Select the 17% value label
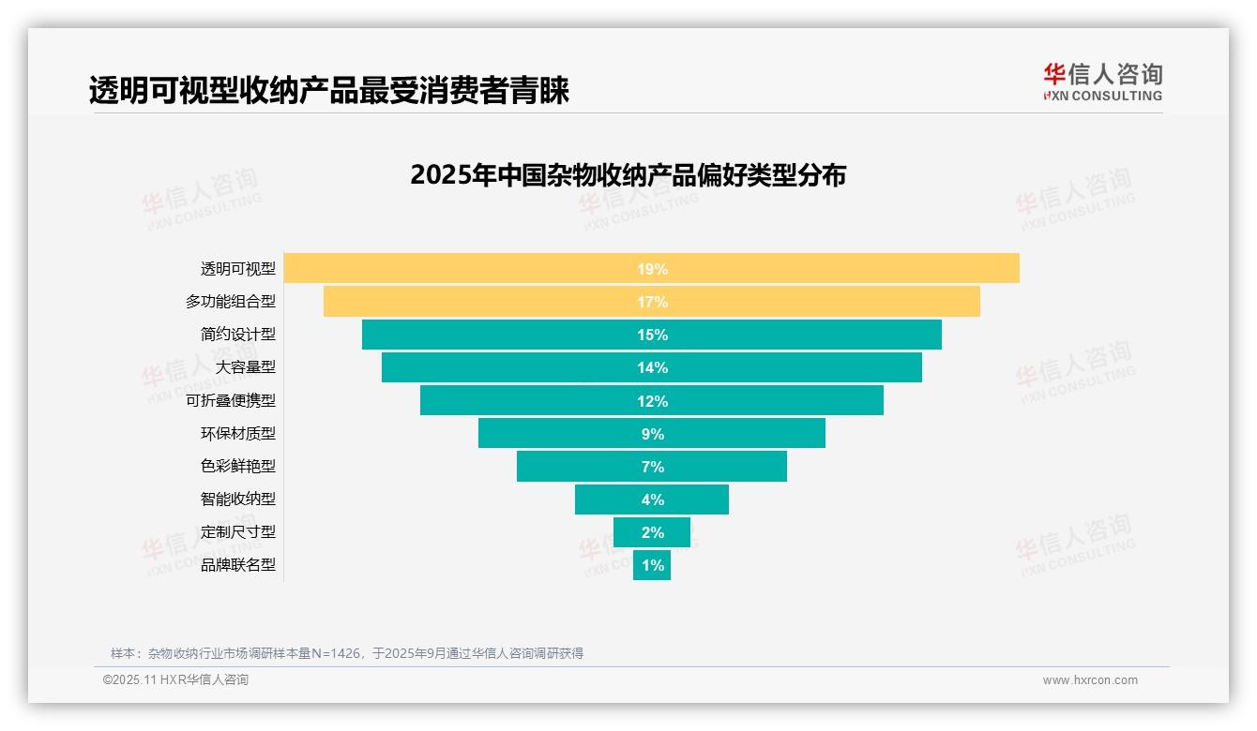point(652,302)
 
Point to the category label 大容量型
point(245,367)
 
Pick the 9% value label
point(652,434)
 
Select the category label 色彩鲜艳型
point(238,466)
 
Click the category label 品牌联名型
point(238,565)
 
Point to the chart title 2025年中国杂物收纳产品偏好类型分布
point(628,175)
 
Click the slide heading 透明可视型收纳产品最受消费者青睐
point(329,91)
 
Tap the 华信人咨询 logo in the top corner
point(1102,82)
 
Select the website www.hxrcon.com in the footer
point(1090,680)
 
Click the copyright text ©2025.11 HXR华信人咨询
point(175,680)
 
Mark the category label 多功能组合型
point(231,302)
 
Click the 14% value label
point(652,367)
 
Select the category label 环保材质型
point(238,433)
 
